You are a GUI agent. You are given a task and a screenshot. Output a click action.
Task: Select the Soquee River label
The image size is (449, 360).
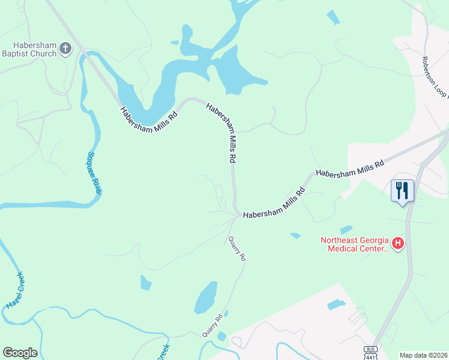point(94,172)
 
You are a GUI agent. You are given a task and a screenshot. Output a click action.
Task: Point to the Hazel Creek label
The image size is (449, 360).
point(15,290)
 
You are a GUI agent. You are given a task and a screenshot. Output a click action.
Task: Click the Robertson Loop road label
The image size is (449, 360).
point(433,79)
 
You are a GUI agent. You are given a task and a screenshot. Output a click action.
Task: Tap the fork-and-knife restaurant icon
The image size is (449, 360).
point(402,190)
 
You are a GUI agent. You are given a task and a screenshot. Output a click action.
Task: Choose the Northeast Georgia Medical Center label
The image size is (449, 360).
point(354,244)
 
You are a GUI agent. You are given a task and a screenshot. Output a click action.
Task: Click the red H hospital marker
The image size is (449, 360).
point(397,244)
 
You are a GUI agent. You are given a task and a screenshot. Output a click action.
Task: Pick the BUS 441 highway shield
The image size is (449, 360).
point(370,352)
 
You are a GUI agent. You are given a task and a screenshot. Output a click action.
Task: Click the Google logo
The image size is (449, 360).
point(20,353)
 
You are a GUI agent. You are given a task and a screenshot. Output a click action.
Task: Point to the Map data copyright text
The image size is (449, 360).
point(423,355)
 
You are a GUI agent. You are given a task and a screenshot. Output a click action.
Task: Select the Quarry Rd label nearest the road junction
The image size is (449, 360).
point(237,248)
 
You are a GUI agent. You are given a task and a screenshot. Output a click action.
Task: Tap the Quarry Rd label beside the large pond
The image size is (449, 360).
point(216,325)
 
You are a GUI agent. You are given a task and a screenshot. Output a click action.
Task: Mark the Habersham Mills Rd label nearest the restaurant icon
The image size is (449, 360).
point(350,168)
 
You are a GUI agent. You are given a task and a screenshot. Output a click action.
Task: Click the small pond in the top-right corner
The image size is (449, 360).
point(333,18)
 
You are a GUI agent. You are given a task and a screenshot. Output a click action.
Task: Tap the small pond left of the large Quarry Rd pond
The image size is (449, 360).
point(146,282)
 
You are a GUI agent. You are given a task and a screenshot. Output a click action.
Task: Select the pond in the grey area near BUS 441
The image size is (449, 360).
point(336,305)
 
